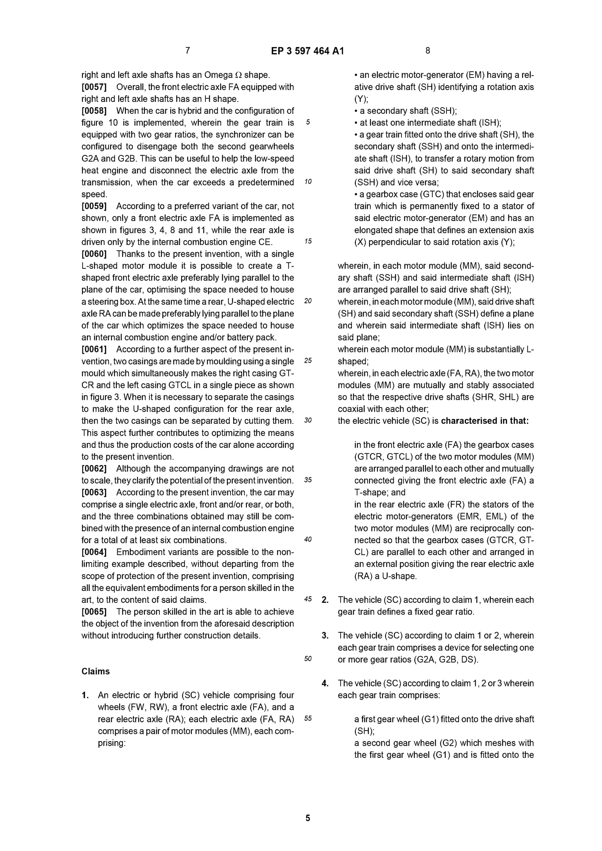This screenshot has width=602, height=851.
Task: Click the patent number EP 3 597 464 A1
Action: [307, 51]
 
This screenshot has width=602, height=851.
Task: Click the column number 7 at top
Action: [188, 51]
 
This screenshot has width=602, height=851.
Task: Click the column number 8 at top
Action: [428, 51]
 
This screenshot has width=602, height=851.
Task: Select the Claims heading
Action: [96, 671]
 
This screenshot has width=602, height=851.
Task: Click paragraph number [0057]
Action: [94, 87]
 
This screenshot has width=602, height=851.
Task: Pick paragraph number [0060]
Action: [94, 254]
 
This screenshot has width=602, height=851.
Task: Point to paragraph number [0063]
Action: [94, 492]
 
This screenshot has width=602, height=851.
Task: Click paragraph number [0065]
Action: [94, 612]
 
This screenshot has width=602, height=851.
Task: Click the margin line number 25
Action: [308, 361]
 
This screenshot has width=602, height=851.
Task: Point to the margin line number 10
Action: [308, 182]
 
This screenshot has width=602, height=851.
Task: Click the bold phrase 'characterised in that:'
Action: [485, 421]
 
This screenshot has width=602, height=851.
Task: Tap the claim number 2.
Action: [325, 600]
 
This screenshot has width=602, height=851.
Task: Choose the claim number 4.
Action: [325, 683]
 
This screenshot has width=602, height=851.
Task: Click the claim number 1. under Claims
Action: [85, 695]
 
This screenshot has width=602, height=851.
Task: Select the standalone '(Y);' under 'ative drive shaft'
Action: [361, 99]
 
